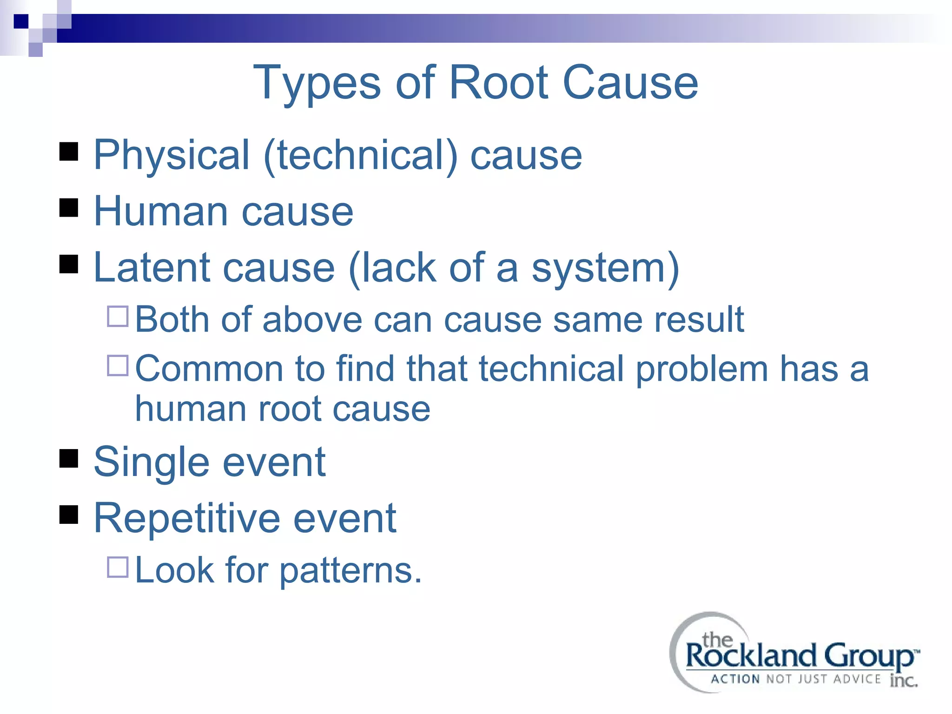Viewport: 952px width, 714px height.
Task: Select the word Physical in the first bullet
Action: point(172,155)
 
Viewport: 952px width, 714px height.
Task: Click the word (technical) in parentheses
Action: point(361,155)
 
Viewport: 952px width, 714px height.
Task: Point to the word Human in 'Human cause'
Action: point(161,212)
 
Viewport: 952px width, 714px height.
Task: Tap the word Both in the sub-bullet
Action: point(172,319)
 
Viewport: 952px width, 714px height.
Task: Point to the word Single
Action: point(152,463)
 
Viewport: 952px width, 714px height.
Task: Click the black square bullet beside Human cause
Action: point(69,208)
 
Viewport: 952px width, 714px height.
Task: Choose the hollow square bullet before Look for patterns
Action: point(118,567)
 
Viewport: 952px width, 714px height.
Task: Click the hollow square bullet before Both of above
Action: point(118,316)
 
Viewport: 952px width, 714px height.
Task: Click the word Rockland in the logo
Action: point(751,656)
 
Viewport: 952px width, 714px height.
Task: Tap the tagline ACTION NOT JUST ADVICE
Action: point(795,680)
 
